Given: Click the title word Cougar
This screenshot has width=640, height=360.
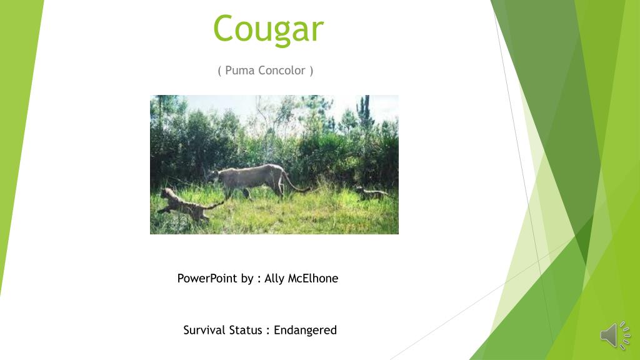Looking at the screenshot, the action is click(x=268, y=29).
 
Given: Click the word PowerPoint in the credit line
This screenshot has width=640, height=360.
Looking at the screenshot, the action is click(x=207, y=278).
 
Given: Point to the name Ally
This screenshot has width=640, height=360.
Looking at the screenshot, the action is click(x=274, y=279).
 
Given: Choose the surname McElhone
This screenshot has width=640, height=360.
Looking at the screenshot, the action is click(x=313, y=278).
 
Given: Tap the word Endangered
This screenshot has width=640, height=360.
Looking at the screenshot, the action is click(x=305, y=330).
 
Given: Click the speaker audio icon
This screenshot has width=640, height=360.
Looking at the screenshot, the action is click(x=615, y=336).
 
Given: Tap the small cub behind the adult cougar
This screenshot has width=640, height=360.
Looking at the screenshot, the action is click(x=371, y=193).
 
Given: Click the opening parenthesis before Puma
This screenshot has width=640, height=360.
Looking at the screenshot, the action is click(x=219, y=71).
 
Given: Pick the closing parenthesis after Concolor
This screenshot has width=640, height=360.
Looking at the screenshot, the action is click(x=311, y=71).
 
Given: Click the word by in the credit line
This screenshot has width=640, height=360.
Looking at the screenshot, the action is click(x=247, y=279).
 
